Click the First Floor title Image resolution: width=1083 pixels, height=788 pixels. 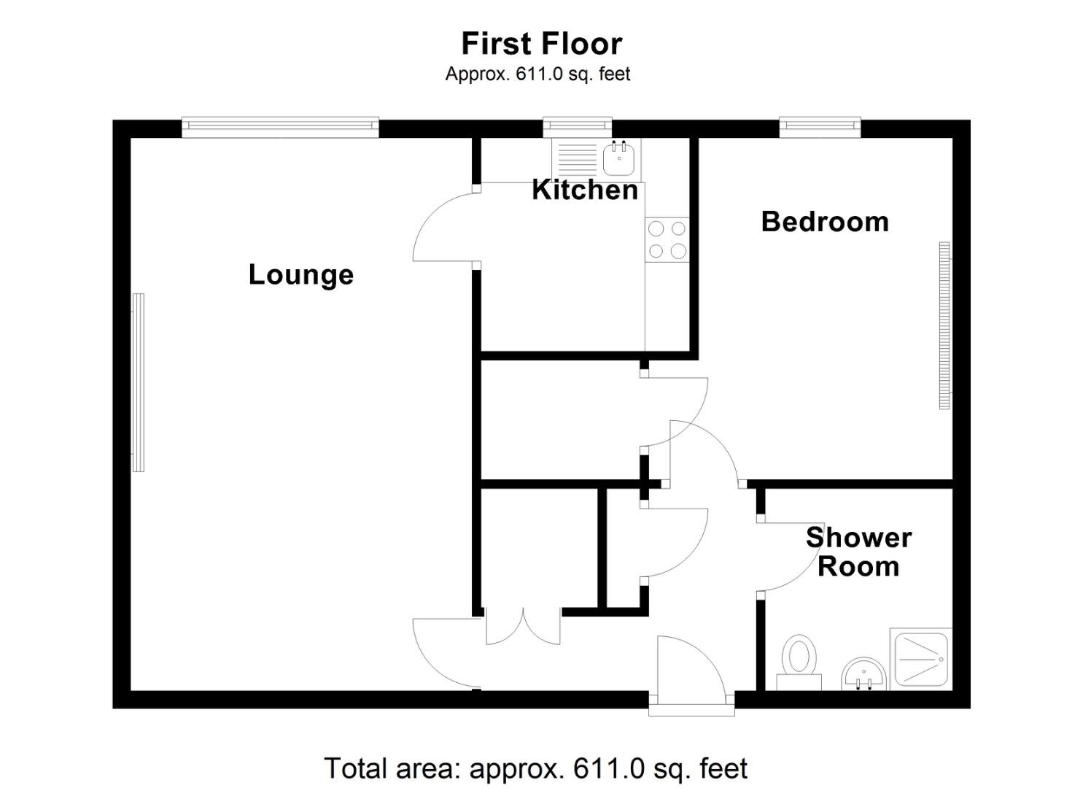(541, 44)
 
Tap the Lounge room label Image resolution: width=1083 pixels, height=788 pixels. (300, 275)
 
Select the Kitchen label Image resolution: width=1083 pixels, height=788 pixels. (585, 190)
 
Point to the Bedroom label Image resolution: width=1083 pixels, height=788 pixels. (825, 222)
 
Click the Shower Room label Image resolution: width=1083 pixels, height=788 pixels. (858, 552)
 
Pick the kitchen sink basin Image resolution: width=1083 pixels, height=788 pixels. (620, 158)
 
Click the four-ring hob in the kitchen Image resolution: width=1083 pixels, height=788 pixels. (667, 240)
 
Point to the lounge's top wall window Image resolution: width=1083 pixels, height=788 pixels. (280, 128)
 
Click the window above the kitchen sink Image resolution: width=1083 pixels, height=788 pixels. (578, 128)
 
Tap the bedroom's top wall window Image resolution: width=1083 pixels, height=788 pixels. (820, 128)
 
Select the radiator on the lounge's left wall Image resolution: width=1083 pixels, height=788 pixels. (138, 382)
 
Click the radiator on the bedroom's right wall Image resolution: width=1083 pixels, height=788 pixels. (944, 326)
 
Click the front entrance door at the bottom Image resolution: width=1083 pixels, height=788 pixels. (690, 671)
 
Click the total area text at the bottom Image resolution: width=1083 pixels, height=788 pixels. (535, 768)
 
